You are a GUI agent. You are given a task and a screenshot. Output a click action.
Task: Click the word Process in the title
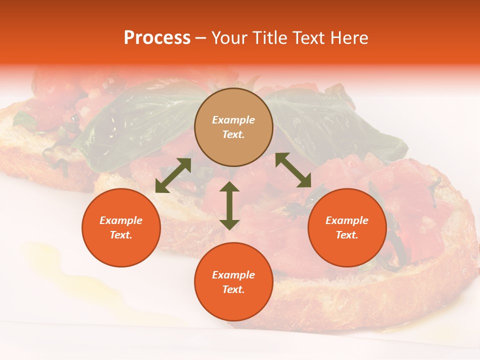157,38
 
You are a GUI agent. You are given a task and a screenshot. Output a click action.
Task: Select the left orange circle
121,227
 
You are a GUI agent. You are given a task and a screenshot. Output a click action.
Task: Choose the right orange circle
347,227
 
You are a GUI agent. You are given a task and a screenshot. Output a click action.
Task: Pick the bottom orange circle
233,282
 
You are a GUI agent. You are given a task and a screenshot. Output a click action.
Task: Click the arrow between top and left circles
173,175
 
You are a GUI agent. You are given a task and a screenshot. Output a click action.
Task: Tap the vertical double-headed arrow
229,205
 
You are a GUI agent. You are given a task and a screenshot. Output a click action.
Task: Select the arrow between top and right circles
293,170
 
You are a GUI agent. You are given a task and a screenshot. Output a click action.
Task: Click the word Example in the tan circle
233,120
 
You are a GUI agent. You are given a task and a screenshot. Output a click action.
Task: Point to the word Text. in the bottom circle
233,289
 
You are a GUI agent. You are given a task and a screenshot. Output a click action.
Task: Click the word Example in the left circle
121,220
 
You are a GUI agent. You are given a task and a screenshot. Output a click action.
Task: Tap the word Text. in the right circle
347,235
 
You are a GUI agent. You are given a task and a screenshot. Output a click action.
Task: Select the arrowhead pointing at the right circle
305,182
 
